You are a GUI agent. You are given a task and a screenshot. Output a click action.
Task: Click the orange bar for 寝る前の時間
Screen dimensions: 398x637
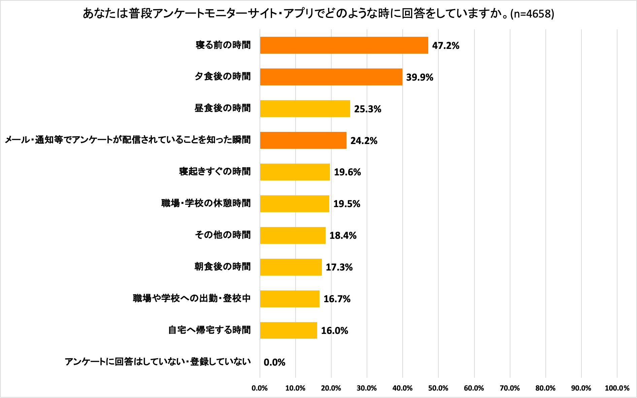click(x=344, y=45)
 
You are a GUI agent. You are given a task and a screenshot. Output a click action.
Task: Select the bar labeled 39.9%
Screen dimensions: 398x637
click(x=331, y=77)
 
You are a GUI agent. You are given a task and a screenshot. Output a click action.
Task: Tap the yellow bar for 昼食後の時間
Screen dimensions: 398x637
click(x=305, y=109)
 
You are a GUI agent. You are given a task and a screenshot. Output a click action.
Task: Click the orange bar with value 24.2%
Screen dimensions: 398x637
click(x=303, y=140)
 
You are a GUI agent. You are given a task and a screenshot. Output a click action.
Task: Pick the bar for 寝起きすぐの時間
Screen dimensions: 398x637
click(x=295, y=172)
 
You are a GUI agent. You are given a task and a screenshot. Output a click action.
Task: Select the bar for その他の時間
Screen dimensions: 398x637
click(x=293, y=235)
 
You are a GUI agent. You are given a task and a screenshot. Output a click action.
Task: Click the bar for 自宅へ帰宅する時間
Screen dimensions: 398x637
click(x=288, y=330)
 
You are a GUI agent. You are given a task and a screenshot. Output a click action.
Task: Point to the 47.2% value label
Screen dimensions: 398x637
click(x=445, y=46)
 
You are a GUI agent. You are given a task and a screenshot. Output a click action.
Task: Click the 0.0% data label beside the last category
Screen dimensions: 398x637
click(x=274, y=362)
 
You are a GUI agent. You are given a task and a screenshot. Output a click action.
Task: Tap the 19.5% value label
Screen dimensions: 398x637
click(x=346, y=204)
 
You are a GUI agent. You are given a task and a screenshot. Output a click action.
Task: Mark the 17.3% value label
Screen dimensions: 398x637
click(x=339, y=267)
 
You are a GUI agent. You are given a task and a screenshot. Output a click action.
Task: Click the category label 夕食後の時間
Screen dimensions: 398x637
click(x=223, y=77)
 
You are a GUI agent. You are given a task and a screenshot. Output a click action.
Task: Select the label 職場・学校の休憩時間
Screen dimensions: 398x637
click(x=206, y=203)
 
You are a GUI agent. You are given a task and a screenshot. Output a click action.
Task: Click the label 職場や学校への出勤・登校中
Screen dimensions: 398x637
click(x=192, y=298)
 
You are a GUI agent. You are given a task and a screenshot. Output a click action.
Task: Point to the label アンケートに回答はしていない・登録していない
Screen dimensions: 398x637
click(x=158, y=362)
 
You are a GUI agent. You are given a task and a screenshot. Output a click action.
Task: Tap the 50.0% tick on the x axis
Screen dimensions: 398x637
click(x=438, y=388)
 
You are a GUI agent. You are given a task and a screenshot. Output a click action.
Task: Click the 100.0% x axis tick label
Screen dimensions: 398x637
click(x=617, y=388)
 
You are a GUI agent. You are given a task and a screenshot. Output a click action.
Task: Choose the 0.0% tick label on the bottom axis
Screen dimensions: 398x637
click(x=260, y=388)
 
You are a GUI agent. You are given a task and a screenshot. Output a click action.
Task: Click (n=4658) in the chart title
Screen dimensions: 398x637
click(x=532, y=14)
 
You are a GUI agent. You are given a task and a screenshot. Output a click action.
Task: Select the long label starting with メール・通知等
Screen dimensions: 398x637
click(x=128, y=140)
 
